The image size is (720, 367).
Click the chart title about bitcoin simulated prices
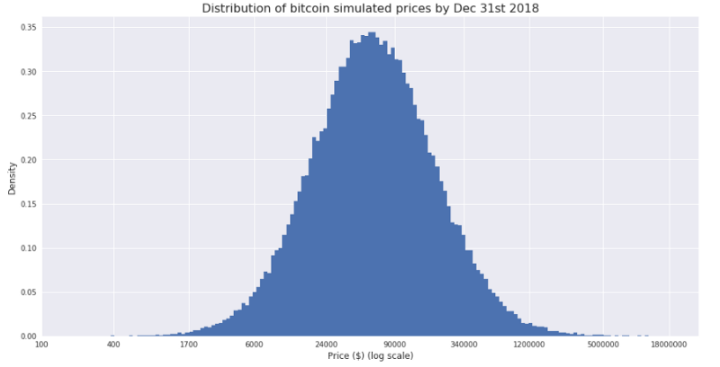(x=370, y=9)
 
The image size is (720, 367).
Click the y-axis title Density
(x=12, y=178)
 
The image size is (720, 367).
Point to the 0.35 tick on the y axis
(x=27, y=28)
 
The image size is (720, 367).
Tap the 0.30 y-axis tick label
(x=27, y=72)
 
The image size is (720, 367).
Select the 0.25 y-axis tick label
(x=27, y=116)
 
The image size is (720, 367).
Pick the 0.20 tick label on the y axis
(x=27, y=160)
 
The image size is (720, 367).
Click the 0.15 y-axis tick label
(x=27, y=204)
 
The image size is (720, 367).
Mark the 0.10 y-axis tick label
(x=27, y=248)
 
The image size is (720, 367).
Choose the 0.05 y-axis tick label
(x=27, y=292)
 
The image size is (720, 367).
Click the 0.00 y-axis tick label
(x=27, y=336)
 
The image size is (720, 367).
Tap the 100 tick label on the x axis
(x=41, y=344)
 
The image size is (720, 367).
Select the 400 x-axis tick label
(x=112, y=344)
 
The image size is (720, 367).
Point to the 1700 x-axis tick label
(x=189, y=344)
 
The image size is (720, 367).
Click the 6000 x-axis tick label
(x=254, y=344)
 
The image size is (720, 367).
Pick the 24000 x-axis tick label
(x=326, y=344)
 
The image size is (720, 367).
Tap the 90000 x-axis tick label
(x=394, y=344)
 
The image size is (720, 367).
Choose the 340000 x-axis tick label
(x=463, y=344)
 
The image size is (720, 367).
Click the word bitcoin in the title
(x=308, y=9)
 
